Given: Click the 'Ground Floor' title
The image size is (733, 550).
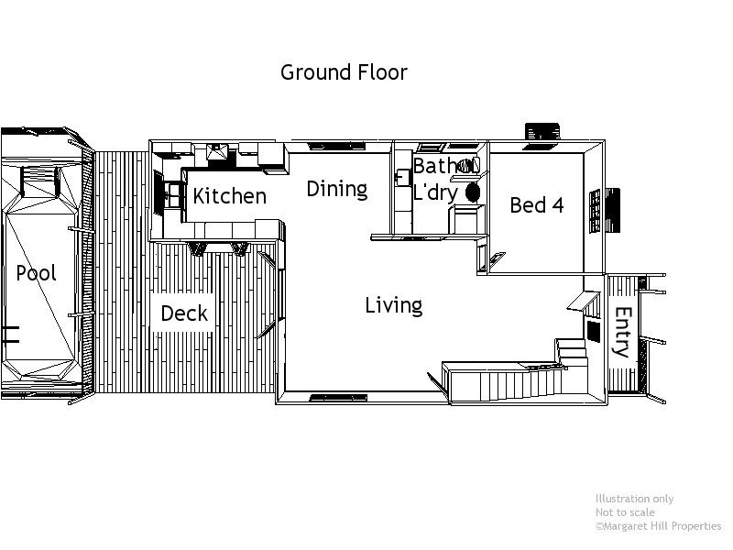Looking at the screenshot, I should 344,72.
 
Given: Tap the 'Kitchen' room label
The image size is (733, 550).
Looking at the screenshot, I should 229,196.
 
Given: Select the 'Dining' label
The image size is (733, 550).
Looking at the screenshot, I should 336,189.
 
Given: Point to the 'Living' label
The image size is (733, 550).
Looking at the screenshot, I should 393,305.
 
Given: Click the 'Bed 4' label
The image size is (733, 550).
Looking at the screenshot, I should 536,205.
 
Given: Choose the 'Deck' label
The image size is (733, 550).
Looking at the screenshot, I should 184,313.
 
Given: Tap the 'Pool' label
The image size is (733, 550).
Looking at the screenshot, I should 36,273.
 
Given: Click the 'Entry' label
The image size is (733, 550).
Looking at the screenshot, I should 622,331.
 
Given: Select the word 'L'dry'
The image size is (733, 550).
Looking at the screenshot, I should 435,192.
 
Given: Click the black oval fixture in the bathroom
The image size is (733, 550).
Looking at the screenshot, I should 474,192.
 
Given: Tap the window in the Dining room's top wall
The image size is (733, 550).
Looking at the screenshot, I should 334,145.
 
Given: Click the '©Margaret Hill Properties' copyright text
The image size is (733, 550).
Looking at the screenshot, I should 658,526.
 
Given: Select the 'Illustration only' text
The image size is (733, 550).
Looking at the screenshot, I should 634,499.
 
